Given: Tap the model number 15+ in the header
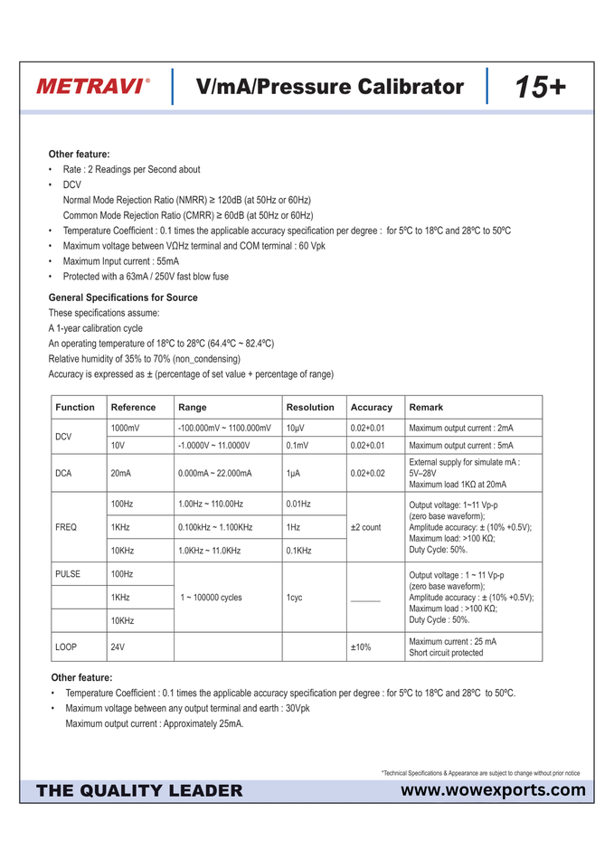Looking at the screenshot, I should tap(540, 87).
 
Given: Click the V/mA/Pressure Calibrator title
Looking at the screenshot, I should tap(329, 87).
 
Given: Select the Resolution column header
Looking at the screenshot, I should tap(309, 407).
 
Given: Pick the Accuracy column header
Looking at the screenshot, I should tap(371, 407).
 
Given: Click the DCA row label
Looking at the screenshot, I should tap(64, 473).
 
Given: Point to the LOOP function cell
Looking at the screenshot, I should tap(66, 647).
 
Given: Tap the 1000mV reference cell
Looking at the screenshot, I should tap(125, 428).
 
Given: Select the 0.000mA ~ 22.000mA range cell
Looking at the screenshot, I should tap(215, 473).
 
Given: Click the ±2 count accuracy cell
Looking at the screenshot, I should tap(365, 527).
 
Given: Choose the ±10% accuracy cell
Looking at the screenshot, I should tap(361, 647).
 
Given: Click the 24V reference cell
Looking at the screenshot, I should tap(118, 647).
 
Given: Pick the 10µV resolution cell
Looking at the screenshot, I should tap(295, 428).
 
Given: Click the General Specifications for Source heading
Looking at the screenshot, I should tap(123, 297).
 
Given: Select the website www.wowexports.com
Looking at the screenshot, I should tap(492, 791).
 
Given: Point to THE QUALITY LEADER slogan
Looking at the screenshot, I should tap(139, 791).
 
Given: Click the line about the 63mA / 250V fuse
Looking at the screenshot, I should tap(146, 277).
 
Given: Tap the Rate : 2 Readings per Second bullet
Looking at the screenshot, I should tap(131, 169).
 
